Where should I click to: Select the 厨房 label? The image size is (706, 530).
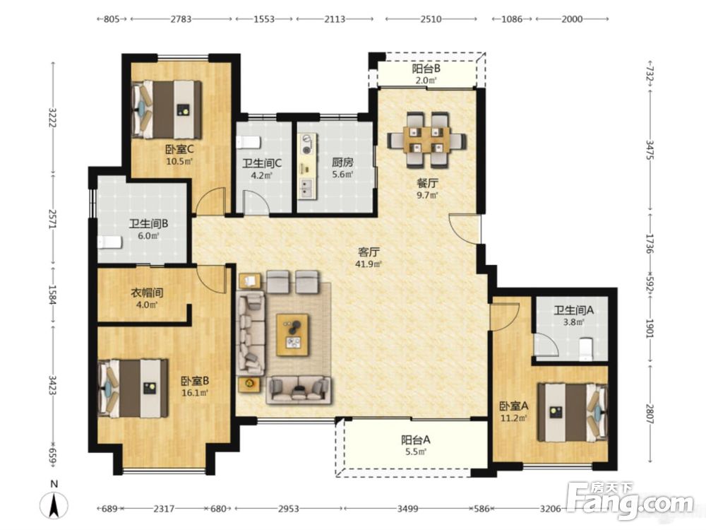342,163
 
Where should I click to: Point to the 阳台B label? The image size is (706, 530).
426,69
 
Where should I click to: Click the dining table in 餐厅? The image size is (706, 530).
427,140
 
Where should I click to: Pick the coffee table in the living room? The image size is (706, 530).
293,334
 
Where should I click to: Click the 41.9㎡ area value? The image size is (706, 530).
369,264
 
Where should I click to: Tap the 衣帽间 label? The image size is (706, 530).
146,293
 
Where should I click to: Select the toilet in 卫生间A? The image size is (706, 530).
585,349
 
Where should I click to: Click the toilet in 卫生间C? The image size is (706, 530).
248,142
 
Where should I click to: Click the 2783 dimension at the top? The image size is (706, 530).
181,19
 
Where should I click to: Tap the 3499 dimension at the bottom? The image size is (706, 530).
407,509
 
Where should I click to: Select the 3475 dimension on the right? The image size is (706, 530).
650,150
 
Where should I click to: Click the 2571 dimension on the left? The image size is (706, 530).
53,219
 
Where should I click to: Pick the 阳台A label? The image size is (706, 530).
416,440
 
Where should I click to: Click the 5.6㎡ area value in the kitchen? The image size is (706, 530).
342,175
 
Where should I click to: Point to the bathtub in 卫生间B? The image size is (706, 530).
109,242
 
